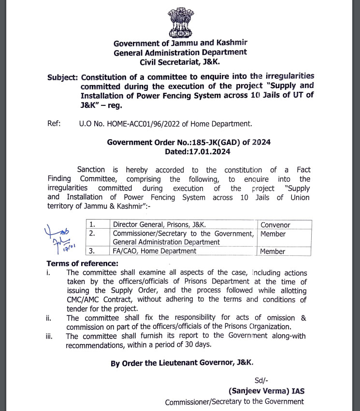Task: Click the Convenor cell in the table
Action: point(276,225)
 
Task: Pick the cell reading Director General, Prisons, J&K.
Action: point(159,225)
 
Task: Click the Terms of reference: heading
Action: point(82,264)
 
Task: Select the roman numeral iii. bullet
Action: point(50,336)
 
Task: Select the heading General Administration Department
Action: point(180,52)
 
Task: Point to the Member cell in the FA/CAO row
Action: point(273,251)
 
